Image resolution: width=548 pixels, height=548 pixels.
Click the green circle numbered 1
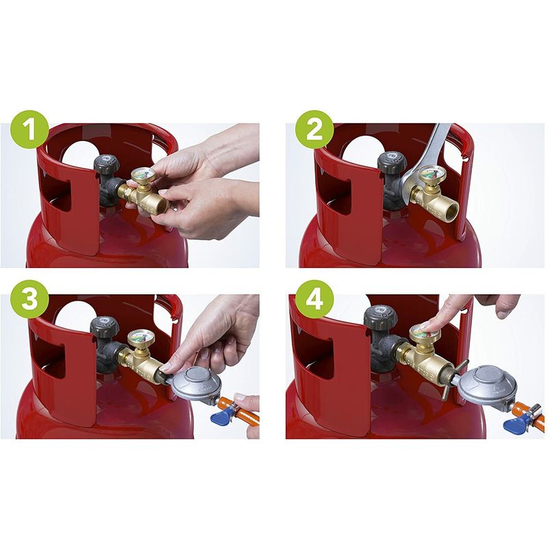click(x=29, y=129)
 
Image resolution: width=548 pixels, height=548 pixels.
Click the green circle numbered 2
click(x=314, y=129)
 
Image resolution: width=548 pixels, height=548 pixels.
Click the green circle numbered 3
click(x=29, y=299)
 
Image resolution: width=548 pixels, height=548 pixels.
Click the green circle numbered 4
click(x=314, y=299)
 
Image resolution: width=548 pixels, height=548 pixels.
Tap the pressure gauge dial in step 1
click(x=142, y=174)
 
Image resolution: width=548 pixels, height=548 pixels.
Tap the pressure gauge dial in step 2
click(x=430, y=173)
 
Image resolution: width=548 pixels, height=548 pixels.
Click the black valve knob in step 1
click(x=107, y=163)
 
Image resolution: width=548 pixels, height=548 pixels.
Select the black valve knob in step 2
click(x=393, y=162)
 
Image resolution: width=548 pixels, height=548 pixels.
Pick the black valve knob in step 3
click(x=105, y=327)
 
